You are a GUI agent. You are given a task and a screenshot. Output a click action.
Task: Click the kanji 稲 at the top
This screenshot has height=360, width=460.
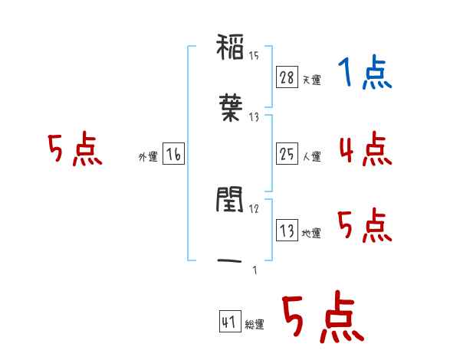[x=230, y=47]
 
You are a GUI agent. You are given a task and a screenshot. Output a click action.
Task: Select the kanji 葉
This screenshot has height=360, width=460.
[x=231, y=107]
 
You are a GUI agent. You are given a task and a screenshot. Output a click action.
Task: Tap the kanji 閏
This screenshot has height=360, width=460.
[x=230, y=200]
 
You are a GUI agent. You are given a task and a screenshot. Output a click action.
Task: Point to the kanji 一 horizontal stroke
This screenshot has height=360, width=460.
[x=230, y=260]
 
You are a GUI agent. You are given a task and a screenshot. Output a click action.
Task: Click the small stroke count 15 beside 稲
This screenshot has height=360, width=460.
[x=254, y=56]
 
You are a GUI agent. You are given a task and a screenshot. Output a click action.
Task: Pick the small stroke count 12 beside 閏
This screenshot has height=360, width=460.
[x=254, y=209]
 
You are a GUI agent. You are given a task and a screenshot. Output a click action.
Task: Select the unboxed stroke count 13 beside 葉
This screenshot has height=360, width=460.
[x=254, y=117]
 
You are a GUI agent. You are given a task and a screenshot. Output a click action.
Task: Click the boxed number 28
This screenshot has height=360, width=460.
[x=287, y=77]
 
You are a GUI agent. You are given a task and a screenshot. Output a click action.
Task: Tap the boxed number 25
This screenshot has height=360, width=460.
[x=287, y=154]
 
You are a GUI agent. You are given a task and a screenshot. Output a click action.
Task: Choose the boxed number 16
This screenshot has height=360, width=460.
[x=173, y=154]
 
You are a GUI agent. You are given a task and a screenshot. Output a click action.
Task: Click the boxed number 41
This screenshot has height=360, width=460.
[x=230, y=322]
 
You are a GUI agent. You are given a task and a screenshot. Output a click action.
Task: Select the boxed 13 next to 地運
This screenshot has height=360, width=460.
[x=287, y=230]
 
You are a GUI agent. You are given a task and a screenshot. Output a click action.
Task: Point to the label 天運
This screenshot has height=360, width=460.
[x=311, y=80]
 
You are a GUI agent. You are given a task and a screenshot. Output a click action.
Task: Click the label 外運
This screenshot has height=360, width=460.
[x=148, y=157]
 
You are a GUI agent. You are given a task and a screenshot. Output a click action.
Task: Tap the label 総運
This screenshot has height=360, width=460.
[x=255, y=325]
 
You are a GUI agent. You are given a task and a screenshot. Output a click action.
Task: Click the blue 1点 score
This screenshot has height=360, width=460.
[x=365, y=72]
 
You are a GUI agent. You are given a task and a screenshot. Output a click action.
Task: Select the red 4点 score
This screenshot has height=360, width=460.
[x=366, y=149]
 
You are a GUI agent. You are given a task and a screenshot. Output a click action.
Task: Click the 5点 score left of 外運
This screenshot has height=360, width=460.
[x=75, y=149]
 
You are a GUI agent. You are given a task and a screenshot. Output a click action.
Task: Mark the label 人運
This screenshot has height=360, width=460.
[x=311, y=156]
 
